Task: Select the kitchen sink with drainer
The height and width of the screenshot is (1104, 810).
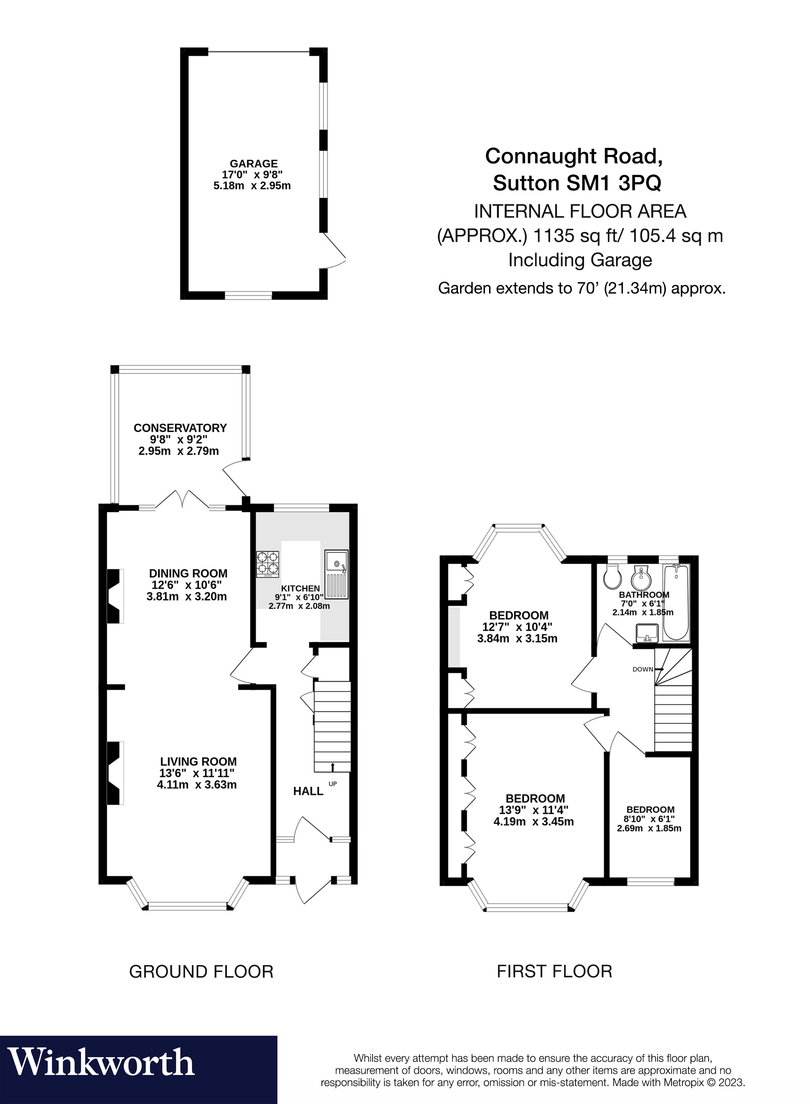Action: [x=336, y=574]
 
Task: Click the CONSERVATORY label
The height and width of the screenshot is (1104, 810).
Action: [x=180, y=428]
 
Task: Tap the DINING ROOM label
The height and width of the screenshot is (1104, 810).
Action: [x=188, y=573]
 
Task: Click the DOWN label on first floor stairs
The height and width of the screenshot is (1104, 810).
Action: [x=642, y=669]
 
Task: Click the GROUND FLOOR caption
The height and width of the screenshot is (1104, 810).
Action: [x=201, y=971]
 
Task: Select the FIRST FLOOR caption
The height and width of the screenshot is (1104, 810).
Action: [x=555, y=971]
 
